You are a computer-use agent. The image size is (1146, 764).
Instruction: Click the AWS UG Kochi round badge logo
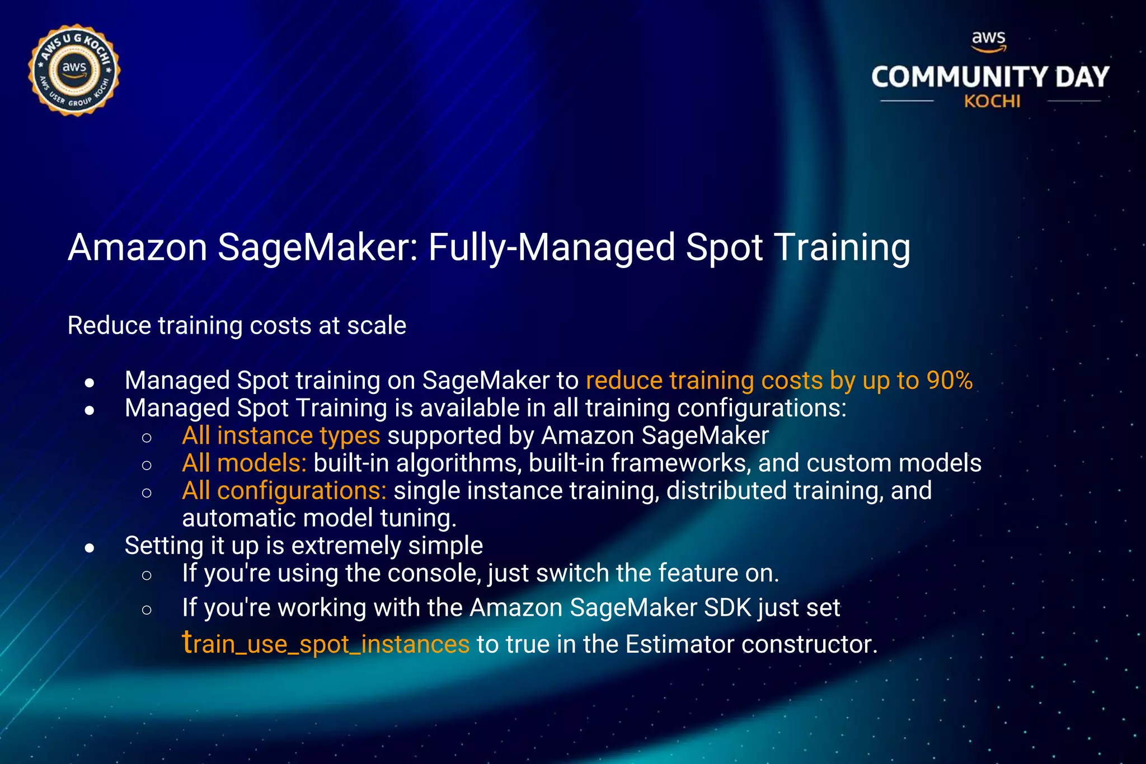point(74,71)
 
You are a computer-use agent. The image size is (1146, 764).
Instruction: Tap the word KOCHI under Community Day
point(992,101)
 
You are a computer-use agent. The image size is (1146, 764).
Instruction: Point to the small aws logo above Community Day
point(989,40)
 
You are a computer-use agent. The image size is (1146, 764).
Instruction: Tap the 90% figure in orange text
point(950,381)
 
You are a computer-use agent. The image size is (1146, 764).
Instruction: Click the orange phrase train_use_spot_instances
point(326,644)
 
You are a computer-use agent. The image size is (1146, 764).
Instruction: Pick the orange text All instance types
point(281,435)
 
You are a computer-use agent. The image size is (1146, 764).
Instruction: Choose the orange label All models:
point(244,463)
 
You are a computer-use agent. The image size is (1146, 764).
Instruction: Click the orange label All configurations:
point(284,491)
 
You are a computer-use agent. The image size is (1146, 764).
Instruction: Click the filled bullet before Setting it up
point(90,548)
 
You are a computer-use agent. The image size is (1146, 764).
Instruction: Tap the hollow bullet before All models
point(147,465)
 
